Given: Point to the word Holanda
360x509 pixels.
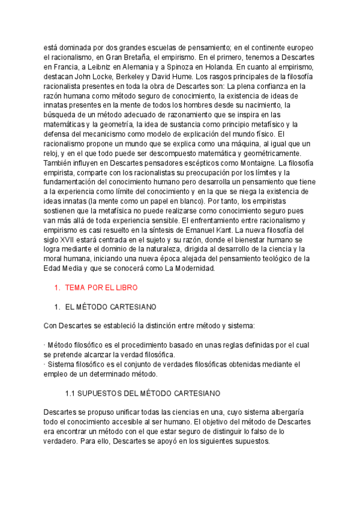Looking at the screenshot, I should click(218, 67).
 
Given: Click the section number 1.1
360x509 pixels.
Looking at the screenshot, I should click(70, 393).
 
